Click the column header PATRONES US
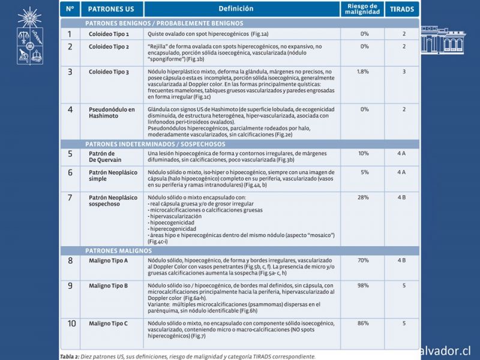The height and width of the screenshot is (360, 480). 110,9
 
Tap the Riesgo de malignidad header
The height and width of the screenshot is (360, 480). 362,9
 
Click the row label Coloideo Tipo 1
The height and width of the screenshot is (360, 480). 109,34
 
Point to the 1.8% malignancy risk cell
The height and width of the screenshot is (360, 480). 362,71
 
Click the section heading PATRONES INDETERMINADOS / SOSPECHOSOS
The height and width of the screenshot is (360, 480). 155,145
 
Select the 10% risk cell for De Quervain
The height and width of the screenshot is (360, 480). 363,154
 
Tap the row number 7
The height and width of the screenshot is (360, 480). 70,197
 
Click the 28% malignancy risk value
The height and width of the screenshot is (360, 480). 363,197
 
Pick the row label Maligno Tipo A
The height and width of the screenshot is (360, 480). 109,260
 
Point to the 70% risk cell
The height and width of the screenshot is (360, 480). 363,260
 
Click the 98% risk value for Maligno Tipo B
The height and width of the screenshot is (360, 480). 363,286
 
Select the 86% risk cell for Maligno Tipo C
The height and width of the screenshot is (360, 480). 363,323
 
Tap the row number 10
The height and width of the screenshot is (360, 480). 71,324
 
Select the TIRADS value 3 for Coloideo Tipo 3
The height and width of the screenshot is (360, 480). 404,71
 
